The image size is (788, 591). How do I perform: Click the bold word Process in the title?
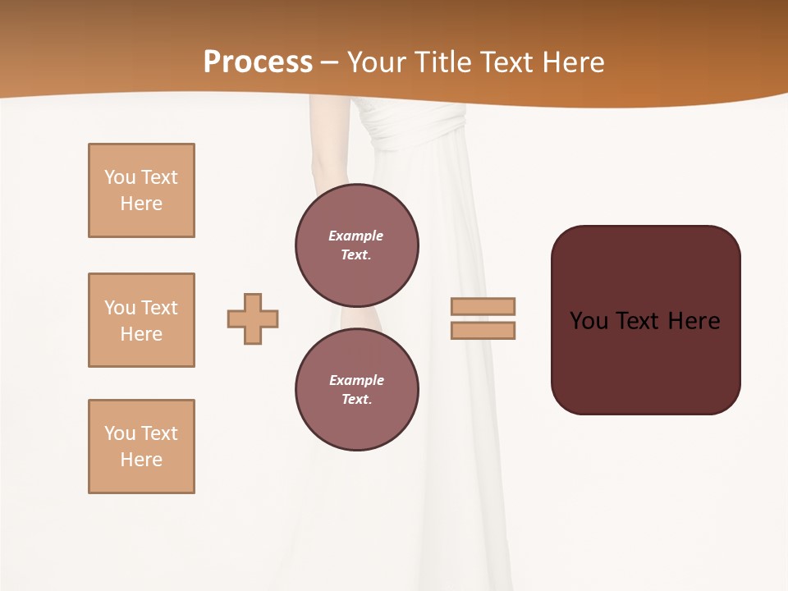258,62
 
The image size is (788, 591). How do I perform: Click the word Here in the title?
572,62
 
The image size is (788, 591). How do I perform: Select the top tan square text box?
141,190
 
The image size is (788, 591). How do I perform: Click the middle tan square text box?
141,320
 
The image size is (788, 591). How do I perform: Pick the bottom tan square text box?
141,447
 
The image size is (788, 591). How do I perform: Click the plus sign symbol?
253,318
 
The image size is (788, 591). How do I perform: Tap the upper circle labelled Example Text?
357,245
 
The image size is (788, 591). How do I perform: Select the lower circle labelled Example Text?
357,389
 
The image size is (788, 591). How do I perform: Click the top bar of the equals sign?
483,306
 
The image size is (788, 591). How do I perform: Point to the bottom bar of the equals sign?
483,331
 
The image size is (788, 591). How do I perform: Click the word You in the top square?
120,177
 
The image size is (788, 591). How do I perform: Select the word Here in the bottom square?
141,460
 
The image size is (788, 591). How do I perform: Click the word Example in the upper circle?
356,236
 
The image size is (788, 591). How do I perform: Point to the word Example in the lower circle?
356,380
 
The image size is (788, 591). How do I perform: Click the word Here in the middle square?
141,334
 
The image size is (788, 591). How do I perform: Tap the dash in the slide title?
330,62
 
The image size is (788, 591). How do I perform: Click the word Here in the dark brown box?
694,321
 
